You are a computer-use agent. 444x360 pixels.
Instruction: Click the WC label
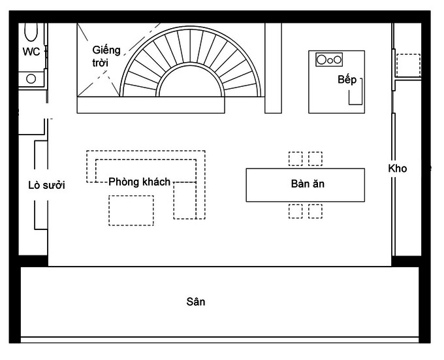coord(31,52)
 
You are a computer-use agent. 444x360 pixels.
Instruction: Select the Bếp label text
coord(347,80)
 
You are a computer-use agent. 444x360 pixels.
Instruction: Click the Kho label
coord(397,169)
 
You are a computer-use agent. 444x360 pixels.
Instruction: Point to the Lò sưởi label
coord(46,186)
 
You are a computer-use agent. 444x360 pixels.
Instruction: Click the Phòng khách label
coord(139,182)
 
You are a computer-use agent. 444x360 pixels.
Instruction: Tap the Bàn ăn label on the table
coord(308,184)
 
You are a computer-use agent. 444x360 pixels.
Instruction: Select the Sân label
coord(196,302)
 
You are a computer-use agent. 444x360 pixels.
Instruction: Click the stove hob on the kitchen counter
coord(328,59)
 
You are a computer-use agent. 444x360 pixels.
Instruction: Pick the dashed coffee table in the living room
coord(131,210)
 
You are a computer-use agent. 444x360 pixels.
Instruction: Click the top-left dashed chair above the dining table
coord(295,159)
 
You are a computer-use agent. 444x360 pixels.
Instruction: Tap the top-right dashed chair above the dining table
coord(315,159)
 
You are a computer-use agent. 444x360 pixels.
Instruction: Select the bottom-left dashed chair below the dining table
coord(295,210)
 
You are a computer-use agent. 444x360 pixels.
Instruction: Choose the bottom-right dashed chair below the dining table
coord(315,210)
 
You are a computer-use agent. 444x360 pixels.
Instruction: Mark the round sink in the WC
coord(31,79)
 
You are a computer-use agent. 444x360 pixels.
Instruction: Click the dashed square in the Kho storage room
coord(409,63)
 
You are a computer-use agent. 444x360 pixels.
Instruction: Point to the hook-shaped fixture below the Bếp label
coord(356,95)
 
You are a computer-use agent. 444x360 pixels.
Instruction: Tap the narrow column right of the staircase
coord(273,68)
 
